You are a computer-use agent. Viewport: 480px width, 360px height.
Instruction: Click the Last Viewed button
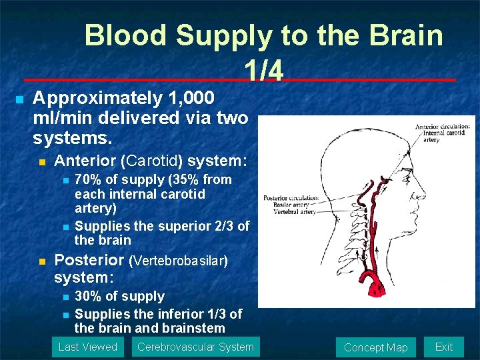point(87,347)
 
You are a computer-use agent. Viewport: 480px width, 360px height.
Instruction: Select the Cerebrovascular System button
point(195,347)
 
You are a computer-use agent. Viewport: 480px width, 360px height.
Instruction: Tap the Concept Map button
point(375,347)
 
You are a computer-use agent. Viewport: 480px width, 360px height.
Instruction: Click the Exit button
point(443,347)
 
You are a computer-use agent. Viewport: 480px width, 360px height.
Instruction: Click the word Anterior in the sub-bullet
point(83,161)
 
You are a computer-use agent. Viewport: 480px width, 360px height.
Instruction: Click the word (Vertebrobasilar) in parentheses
point(179,261)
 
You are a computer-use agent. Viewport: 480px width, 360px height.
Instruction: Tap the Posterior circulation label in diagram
point(291,198)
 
